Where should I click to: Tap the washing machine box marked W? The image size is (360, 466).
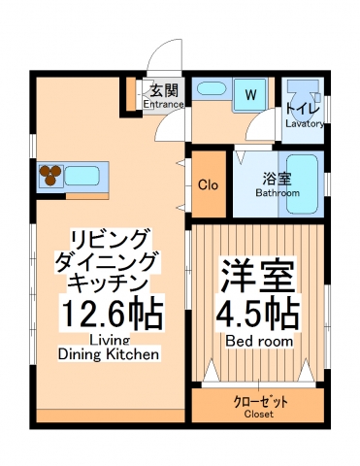(x=249, y=94)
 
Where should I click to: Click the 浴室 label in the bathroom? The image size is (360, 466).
(x=277, y=179)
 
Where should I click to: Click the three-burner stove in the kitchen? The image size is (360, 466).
(x=50, y=176)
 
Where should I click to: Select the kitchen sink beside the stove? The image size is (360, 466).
(x=82, y=176)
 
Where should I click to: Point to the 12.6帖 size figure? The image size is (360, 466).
(x=112, y=315)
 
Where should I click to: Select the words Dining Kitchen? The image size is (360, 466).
(x=110, y=354)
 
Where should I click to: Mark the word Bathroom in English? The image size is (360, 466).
(x=278, y=192)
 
